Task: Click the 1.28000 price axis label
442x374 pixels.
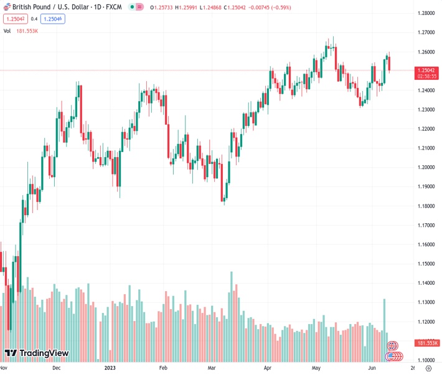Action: pyautogui.click(x=426, y=13)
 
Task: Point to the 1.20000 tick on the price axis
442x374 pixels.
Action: pyautogui.click(x=426, y=167)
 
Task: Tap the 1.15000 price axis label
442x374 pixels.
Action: pyautogui.click(x=426, y=264)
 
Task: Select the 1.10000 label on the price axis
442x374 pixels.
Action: pyautogui.click(x=426, y=360)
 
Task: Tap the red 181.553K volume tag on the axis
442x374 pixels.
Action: pyautogui.click(x=427, y=343)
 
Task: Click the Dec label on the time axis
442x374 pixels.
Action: pyautogui.click(x=57, y=368)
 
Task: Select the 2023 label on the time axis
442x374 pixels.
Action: pyautogui.click(x=110, y=368)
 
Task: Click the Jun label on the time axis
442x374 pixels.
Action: pyautogui.click(x=371, y=368)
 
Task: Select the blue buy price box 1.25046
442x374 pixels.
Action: pyautogui.click(x=54, y=19)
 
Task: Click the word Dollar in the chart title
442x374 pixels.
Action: pyautogui.click(x=72, y=6)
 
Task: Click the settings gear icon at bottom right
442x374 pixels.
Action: pyautogui.click(x=426, y=368)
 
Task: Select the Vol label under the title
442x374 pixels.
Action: pyautogui.click(x=7, y=30)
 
